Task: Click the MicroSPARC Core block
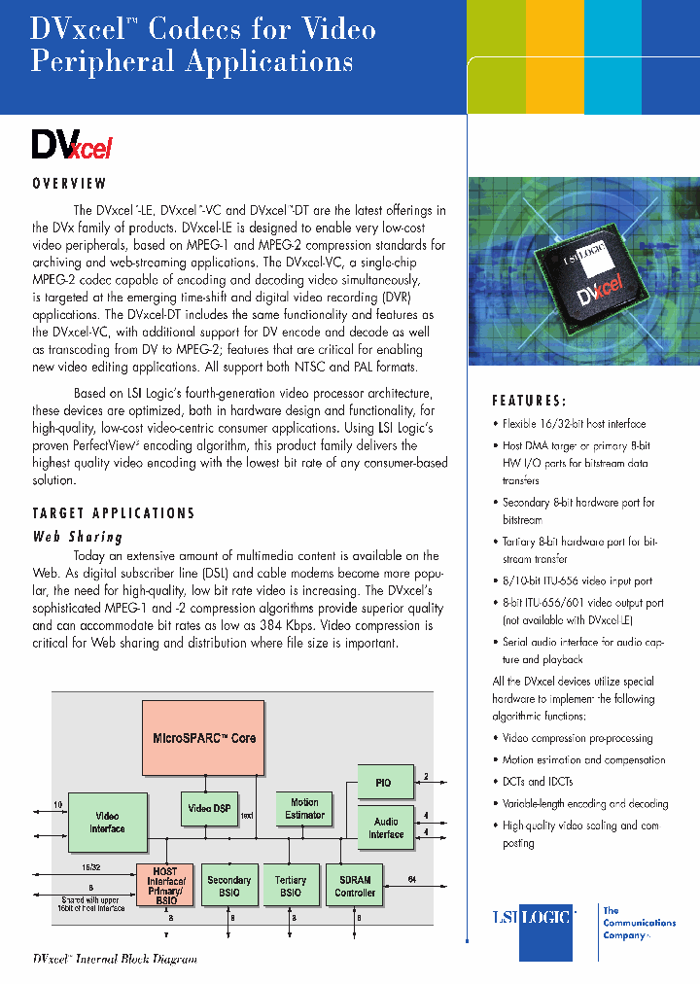tap(204, 737)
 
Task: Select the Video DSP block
tap(209, 809)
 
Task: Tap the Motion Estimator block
tap(305, 809)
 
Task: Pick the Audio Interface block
tap(386, 827)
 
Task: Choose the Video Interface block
tap(107, 822)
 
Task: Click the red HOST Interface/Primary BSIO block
tap(165, 885)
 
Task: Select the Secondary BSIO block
tap(229, 886)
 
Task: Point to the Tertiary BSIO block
tap(291, 886)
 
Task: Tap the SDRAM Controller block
tap(355, 886)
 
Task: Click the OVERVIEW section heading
tap(69, 183)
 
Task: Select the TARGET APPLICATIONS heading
tap(114, 512)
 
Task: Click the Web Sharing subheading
tap(78, 536)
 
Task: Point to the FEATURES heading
tap(529, 401)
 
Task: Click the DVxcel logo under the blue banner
tap(73, 145)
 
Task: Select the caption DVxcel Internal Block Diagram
tap(115, 959)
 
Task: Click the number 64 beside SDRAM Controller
tap(412, 879)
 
